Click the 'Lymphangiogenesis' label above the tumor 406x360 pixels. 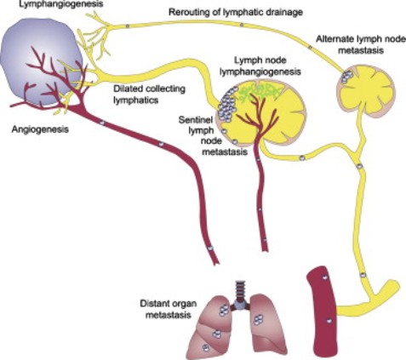(61, 4)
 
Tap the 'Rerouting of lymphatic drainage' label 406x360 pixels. (236, 12)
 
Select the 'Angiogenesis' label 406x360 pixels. (40, 129)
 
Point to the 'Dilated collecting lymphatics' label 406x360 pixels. (150, 94)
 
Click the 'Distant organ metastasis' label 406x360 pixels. (169, 309)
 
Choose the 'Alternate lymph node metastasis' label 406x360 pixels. (361, 44)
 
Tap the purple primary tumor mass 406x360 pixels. (42, 61)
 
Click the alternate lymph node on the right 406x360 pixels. (365, 88)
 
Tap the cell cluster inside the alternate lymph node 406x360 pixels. (347, 77)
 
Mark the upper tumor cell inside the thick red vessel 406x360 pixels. (324, 277)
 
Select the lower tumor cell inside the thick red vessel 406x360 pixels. (329, 321)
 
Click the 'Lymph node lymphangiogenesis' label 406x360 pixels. (260, 66)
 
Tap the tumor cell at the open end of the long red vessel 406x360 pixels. (210, 248)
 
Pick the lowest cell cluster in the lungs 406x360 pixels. (206, 347)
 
